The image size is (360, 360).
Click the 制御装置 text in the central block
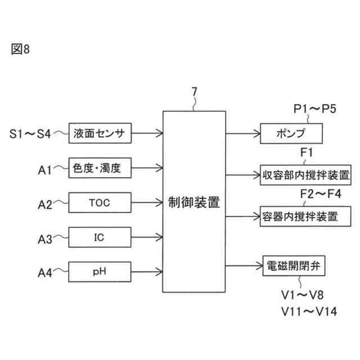[x=194, y=202]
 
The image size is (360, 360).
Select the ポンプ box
[x=291, y=134]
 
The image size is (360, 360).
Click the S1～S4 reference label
[x=30, y=134]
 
